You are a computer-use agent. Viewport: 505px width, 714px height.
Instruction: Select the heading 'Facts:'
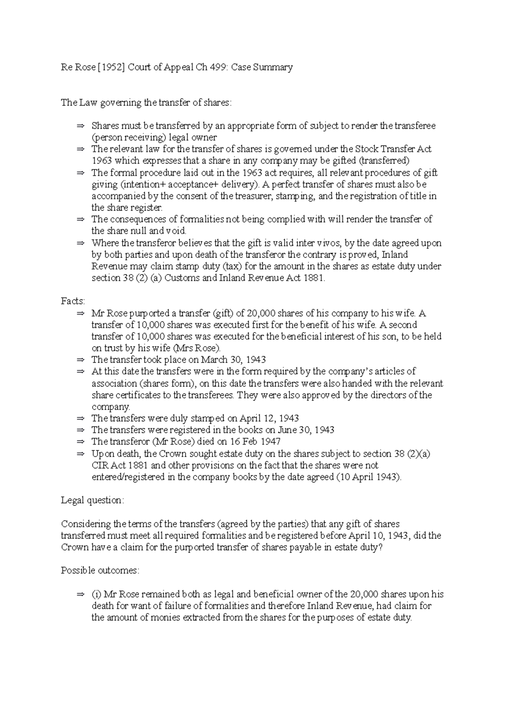73,301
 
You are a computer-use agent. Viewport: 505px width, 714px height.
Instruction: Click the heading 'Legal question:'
93,500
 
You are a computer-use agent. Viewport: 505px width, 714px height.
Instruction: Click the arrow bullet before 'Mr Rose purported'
80,313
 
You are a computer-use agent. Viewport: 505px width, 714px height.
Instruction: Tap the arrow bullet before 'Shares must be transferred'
80,126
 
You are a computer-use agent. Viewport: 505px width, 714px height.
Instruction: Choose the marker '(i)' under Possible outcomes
96,595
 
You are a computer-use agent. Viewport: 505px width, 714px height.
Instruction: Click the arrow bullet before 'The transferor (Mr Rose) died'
80,442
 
